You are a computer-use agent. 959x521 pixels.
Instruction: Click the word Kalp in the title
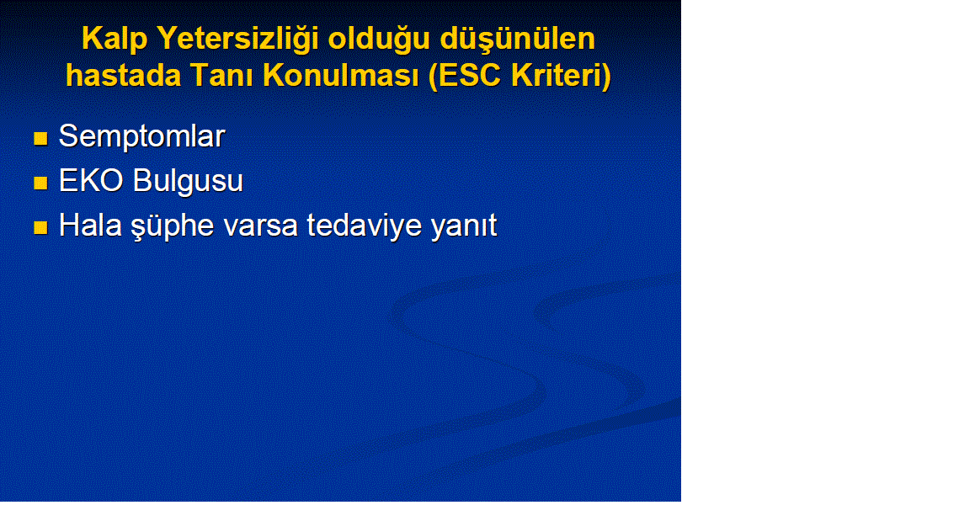pyautogui.click(x=115, y=40)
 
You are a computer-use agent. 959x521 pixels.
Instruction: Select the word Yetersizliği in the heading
pyautogui.click(x=238, y=40)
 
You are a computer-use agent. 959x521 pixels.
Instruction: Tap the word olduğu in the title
pyautogui.click(x=379, y=40)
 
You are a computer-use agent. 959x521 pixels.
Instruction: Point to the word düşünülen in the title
pyautogui.click(x=518, y=40)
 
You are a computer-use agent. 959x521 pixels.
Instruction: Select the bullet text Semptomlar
pyautogui.click(x=142, y=136)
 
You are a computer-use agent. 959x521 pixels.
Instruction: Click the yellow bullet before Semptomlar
pyautogui.click(x=41, y=139)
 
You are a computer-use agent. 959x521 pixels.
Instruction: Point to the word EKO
pyautogui.click(x=91, y=181)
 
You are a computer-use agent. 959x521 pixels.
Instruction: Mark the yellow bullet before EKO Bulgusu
pyautogui.click(x=41, y=183)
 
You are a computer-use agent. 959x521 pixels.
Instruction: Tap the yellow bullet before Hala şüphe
pyautogui.click(x=41, y=228)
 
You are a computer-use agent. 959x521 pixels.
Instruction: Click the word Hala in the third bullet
pyautogui.click(x=90, y=225)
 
